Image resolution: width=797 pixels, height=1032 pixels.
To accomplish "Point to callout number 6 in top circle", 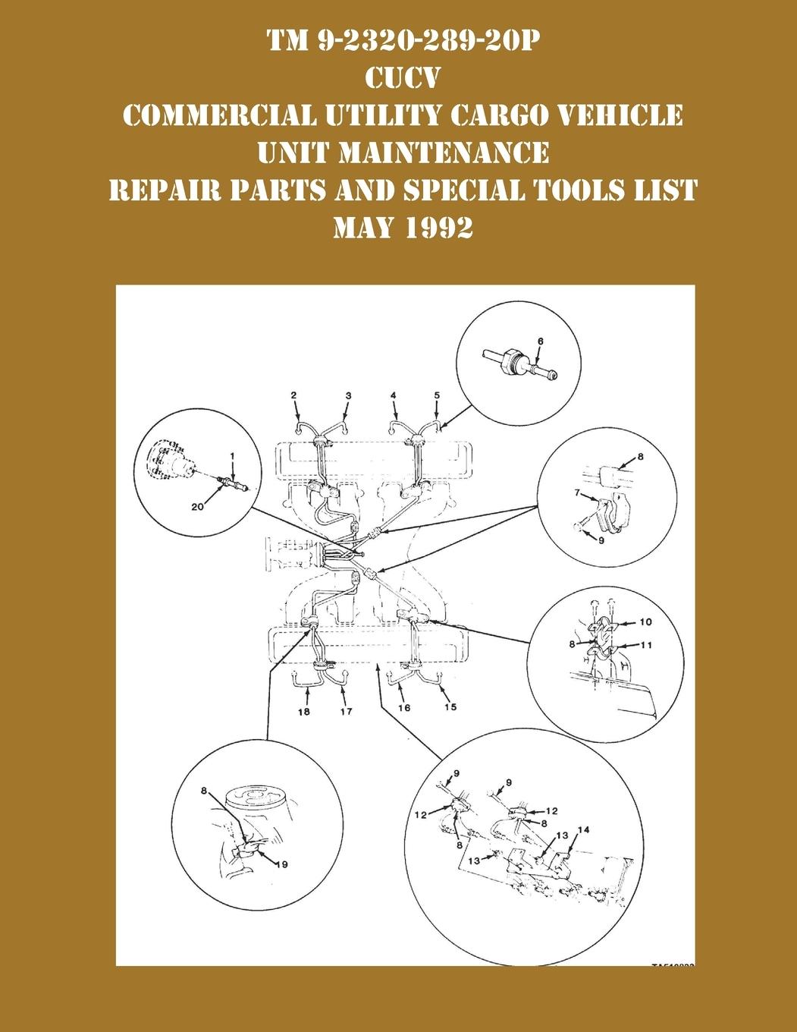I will click(x=540, y=341).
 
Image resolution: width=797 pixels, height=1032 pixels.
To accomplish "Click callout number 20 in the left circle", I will click(x=197, y=508).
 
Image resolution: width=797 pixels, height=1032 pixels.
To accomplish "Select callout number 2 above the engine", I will click(x=293, y=395).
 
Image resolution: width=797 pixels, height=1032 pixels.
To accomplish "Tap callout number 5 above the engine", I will click(x=437, y=395).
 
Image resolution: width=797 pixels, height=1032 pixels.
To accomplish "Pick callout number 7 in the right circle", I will click(x=577, y=494).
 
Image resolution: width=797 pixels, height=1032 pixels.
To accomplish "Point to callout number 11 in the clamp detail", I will click(x=645, y=645).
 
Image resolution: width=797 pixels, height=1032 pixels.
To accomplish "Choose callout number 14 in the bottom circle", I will click(x=582, y=829).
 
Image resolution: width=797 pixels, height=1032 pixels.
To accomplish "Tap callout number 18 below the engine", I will click(x=303, y=712).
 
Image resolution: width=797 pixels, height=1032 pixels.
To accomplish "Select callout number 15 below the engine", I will click(x=450, y=707).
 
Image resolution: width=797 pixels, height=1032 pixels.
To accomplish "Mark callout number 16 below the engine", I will click(x=403, y=707).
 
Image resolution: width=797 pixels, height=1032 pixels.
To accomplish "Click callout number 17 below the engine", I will click(x=347, y=712).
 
